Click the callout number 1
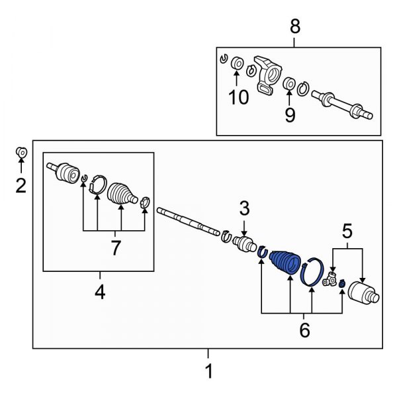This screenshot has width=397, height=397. click(x=208, y=372)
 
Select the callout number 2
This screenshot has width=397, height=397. click(x=21, y=186)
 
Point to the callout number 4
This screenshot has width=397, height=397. click(x=99, y=292)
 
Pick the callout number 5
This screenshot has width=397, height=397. click(x=347, y=231)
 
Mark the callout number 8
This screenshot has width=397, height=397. click(x=295, y=26)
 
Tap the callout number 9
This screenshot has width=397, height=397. click(x=290, y=114)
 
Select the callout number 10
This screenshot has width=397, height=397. click(x=238, y=97)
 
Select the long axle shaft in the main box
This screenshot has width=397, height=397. click(x=189, y=222)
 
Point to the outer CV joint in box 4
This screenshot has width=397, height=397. click(x=65, y=173)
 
